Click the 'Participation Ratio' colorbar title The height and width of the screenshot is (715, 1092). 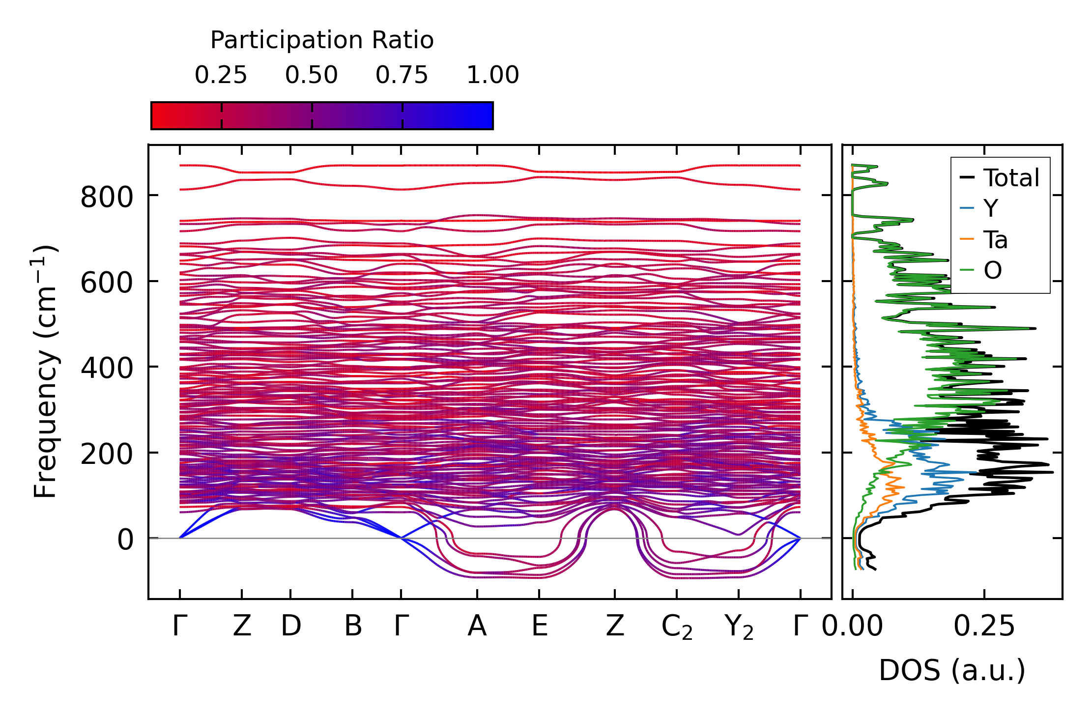(x=322, y=40)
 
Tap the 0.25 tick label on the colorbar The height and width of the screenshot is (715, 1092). (x=221, y=76)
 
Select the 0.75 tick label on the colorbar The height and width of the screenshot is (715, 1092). (x=402, y=76)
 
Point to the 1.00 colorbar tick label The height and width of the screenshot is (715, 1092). (x=492, y=76)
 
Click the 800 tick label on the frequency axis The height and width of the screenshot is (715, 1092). (x=107, y=198)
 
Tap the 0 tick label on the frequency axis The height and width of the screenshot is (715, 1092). (x=125, y=540)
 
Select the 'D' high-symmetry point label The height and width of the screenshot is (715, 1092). (x=291, y=627)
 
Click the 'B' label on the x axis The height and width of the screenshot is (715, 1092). (x=353, y=627)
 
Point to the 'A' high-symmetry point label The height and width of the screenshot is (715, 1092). (x=477, y=627)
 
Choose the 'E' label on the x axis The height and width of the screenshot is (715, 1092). (x=540, y=627)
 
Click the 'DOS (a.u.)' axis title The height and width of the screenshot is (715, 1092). (x=952, y=671)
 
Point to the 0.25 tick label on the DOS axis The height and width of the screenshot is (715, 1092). (x=984, y=627)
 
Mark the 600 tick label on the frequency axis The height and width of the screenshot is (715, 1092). (x=107, y=284)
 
